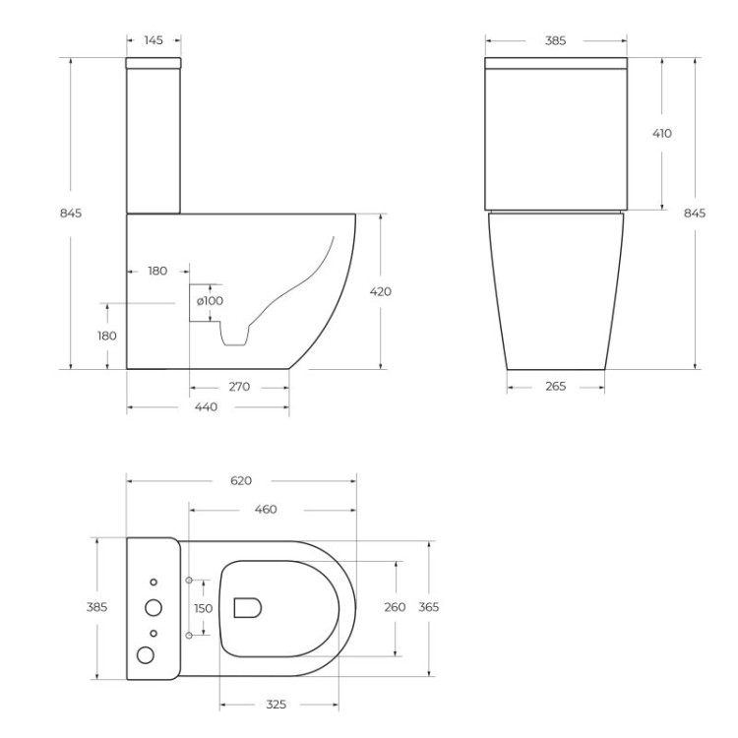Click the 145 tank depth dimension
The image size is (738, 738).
click(154, 40)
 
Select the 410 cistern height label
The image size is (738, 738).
click(661, 133)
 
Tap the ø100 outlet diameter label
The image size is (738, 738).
click(210, 300)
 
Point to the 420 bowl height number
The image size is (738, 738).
click(381, 291)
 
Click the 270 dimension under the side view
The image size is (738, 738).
click(239, 387)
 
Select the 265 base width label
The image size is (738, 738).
click(555, 387)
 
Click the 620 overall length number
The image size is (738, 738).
click(241, 480)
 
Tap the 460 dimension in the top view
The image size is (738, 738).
click(266, 510)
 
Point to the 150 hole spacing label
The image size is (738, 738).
click(203, 608)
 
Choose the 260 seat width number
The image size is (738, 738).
click(395, 607)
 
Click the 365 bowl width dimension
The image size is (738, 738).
click(429, 607)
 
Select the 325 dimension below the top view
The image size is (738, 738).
click(276, 705)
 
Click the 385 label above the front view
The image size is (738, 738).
click(555, 41)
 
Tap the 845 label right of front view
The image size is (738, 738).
click(695, 213)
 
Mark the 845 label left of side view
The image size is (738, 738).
click(71, 213)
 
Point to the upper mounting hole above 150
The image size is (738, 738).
click(188, 579)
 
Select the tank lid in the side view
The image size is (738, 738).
click(154, 63)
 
